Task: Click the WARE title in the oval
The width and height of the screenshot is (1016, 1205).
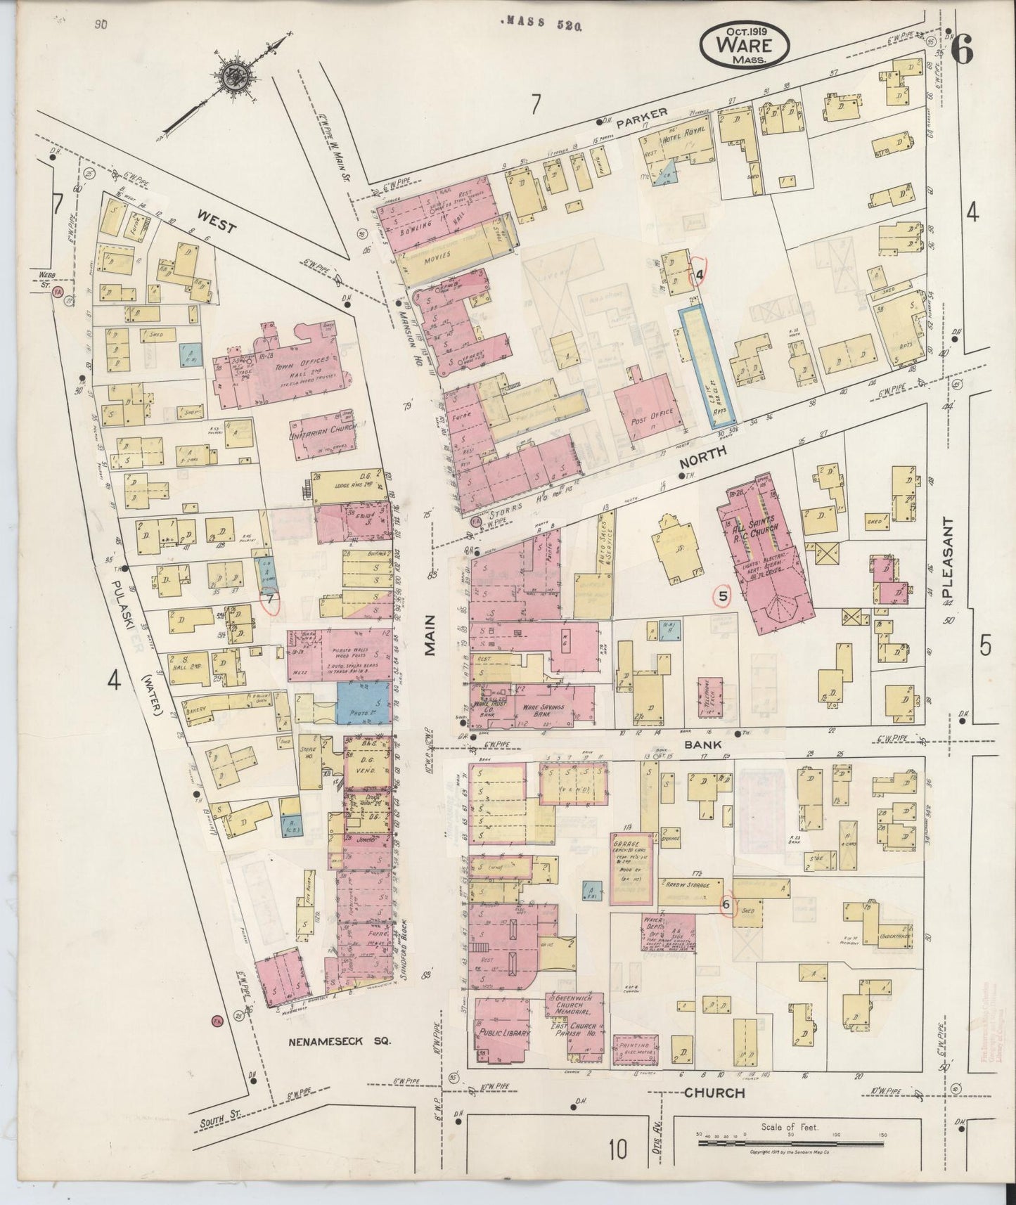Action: pos(745,45)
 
